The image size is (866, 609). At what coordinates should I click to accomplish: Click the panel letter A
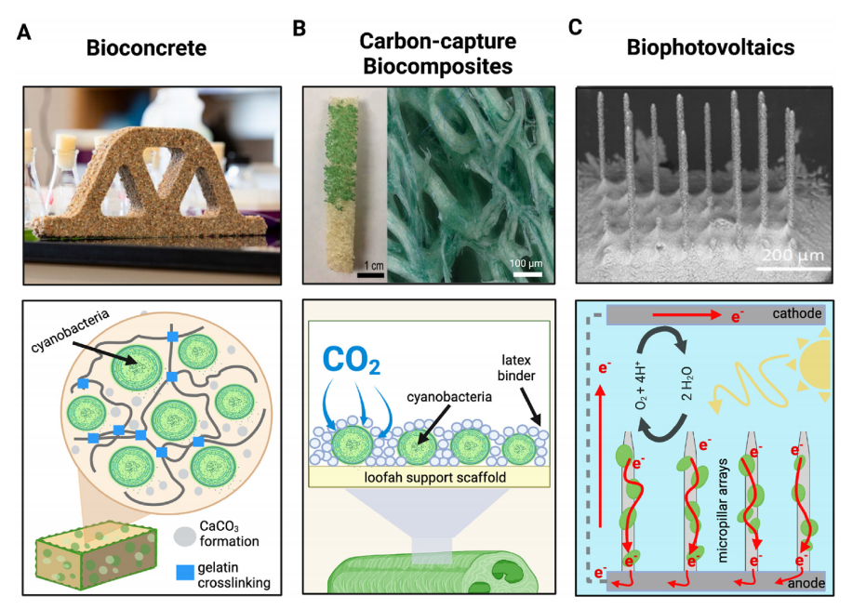[24, 33]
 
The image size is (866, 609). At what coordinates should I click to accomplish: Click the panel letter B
[299, 28]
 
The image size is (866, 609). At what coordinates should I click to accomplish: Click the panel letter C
[575, 28]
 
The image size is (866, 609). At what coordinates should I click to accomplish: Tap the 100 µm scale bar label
[526, 264]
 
